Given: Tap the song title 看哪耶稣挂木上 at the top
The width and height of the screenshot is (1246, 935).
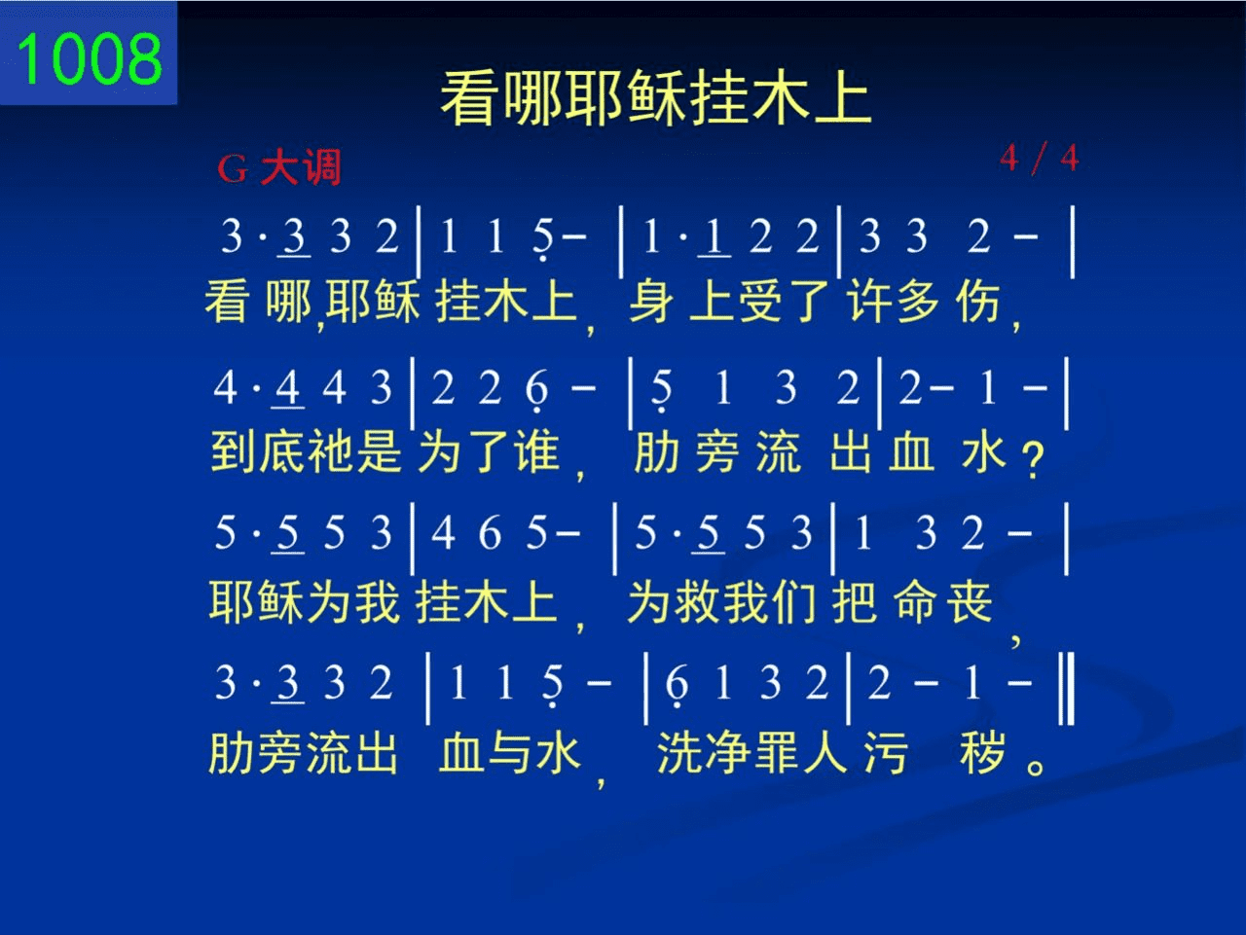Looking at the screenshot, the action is point(656,97).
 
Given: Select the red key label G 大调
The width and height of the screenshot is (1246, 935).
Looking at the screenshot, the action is point(279,167).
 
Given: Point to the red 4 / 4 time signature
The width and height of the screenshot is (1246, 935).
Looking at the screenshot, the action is point(1039,158).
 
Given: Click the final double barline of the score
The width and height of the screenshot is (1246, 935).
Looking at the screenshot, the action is point(1067,689).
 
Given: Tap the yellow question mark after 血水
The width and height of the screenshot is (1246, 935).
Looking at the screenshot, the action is point(1033,460).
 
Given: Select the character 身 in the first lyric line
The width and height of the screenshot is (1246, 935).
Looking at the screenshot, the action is point(651,302).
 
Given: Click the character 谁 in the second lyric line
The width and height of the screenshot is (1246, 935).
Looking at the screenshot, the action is point(537,452).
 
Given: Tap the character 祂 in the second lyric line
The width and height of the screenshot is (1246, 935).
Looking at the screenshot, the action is point(330,452).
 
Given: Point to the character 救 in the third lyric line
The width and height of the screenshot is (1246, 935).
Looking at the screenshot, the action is point(698,602).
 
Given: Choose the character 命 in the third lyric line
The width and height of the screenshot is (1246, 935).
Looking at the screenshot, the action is point(916,602).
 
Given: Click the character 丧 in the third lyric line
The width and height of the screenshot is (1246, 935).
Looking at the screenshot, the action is point(971,602).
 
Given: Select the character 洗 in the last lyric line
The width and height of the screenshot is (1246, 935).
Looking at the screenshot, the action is point(679,753).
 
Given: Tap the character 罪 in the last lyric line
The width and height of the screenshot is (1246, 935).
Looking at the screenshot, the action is point(777,753).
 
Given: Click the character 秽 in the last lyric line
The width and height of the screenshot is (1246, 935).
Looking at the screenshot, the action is point(982,753).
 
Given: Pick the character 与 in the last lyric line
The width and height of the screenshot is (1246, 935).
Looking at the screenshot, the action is point(510,753).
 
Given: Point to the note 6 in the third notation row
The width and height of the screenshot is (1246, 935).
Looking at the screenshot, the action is point(490,534).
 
